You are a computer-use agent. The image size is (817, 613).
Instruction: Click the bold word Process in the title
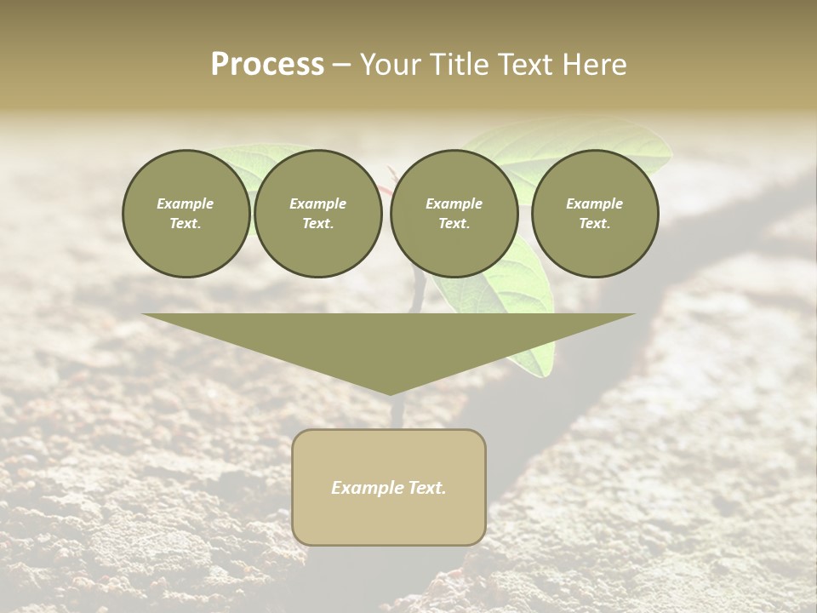click(x=267, y=65)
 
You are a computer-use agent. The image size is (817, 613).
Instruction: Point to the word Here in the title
click(x=594, y=65)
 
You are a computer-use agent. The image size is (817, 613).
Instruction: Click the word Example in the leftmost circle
click(x=186, y=203)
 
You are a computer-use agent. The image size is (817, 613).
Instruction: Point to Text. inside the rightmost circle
click(x=595, y=223)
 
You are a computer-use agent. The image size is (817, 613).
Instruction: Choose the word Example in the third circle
click(x=454, y=203)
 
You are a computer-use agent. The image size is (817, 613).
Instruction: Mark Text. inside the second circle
click(x=318, y=223)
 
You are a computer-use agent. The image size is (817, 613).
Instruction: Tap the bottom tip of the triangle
click(x=389, y=392)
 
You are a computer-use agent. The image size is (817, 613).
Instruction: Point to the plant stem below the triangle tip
click(x=395, y=413)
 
